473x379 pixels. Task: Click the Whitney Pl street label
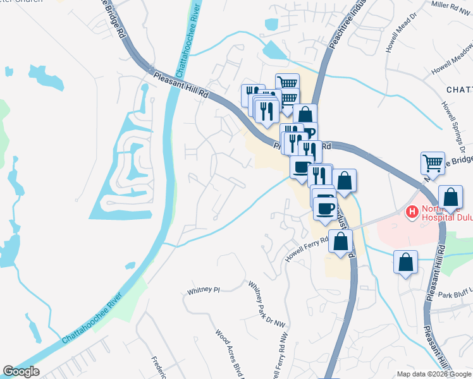click(x=203, y=291)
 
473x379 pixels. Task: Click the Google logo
click(x=21, y=371)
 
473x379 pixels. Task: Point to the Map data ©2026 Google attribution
click(x=433, y=374)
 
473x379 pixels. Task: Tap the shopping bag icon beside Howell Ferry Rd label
click(x=341, y=241)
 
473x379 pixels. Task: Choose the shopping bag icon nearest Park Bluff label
click(x=405, y=261)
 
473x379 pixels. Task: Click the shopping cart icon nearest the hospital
click(x=433, y=163)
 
